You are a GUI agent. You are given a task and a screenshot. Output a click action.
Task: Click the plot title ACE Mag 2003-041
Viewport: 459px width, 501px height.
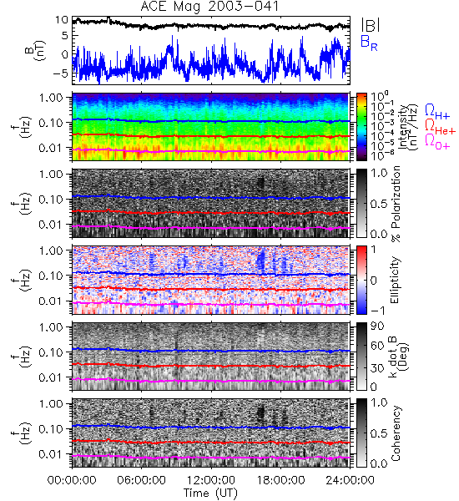point(209,7)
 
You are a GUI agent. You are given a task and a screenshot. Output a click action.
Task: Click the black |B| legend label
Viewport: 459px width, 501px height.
point(371,25)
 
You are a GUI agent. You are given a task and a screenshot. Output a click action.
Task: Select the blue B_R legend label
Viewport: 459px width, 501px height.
point(369,43)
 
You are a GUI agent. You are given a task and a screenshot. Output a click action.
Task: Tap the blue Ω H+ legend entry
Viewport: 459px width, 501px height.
point(437,112)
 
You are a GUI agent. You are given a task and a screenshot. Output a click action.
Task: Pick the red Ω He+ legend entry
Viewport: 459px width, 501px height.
point(440,127)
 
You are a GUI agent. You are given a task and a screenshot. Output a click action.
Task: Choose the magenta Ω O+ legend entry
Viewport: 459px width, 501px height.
point(437,142)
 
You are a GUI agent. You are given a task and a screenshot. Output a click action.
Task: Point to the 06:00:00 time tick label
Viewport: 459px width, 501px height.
point(142,479)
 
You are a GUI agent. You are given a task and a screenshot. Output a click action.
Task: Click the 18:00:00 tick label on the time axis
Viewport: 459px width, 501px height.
point(280,479)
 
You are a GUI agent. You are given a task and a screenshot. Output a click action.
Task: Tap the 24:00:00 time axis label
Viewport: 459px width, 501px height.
point(350,479)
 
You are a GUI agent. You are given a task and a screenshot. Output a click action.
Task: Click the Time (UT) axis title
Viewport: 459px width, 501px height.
point(210,493)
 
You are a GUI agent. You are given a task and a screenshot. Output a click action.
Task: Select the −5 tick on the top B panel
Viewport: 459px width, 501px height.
point(61,73)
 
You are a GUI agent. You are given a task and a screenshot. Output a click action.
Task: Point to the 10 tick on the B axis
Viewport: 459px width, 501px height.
point(62,20)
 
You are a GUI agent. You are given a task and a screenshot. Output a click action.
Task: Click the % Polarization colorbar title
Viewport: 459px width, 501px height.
point(396,204)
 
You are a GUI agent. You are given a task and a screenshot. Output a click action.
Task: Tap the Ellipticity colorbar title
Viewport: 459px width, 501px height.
point(395,281)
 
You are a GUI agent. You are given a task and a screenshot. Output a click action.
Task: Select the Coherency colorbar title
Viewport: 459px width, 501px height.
point(396,433)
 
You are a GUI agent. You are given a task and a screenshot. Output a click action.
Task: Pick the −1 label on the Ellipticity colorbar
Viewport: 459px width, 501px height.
point(377,311)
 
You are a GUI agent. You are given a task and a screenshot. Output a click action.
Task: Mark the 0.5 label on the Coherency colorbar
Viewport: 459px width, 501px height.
point(379,433)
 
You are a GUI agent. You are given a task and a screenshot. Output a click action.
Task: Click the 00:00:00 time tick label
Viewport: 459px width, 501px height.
point(72,479)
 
